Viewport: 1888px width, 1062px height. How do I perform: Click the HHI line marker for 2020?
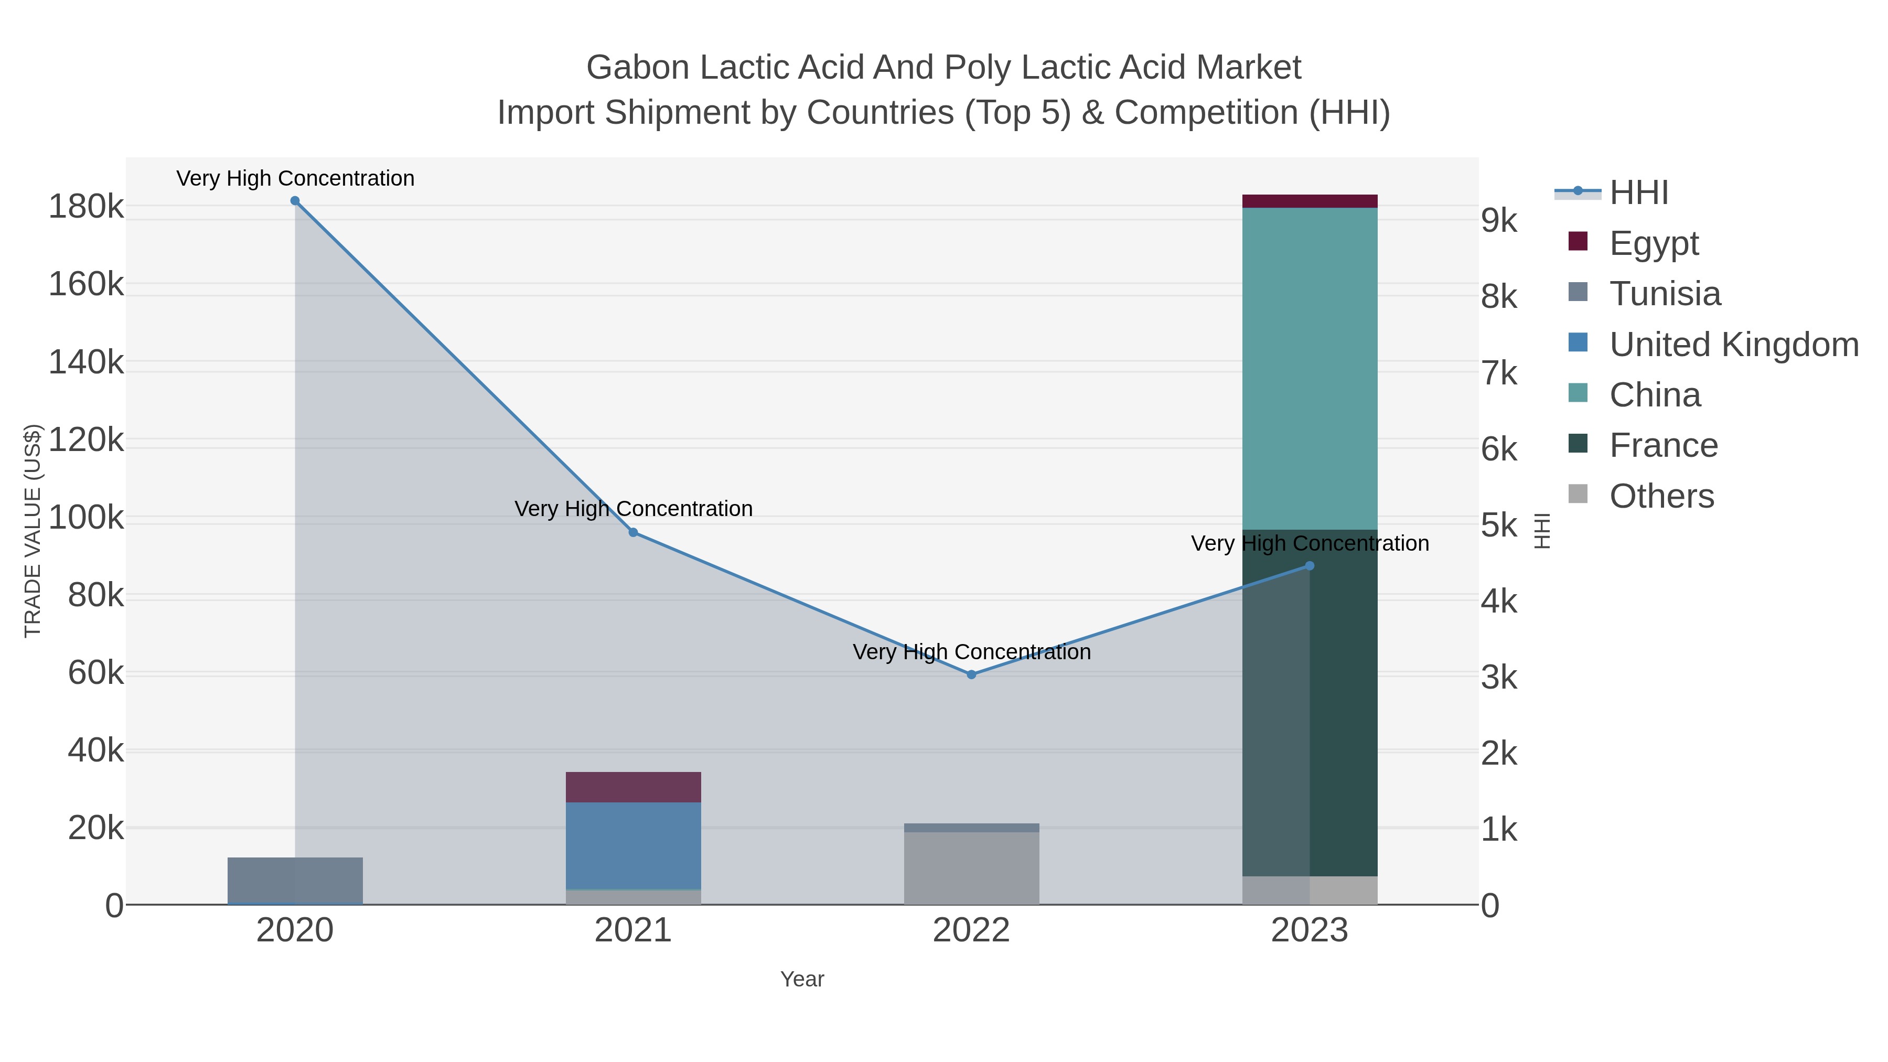tap(295, 201)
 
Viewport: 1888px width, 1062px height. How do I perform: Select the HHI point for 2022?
tap(971, 674)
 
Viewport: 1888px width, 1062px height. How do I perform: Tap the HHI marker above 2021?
tap(633, 533)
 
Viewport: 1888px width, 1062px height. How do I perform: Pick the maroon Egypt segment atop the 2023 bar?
tap(1310, 201)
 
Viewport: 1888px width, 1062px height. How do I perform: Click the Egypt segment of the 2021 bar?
tap(633, 787)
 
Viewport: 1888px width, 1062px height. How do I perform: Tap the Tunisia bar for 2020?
tap(295, 879)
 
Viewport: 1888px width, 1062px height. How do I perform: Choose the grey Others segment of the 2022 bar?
tap(971, 868)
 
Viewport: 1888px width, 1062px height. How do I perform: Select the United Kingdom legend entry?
tap(1733, 345)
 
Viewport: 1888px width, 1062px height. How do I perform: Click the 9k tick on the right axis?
tap(1499, 220)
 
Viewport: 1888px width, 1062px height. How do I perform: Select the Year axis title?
tap(802, 979)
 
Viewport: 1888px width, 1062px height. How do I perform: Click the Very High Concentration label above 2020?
tap(295, 178)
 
